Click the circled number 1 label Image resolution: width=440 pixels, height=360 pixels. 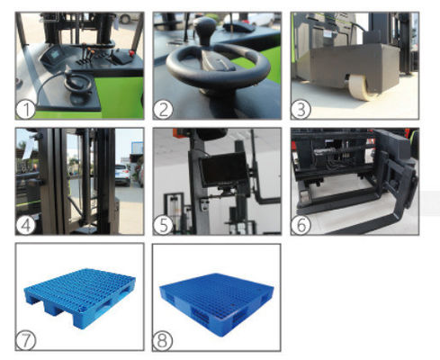pyautogui.click(x=27, y=110)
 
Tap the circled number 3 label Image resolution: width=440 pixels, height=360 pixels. pyautogui.click(x=300, y=110)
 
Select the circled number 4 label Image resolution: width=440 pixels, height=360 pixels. pyautogui.click(x=27, y=224)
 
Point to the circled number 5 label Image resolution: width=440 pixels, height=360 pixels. pyautogui.click(x=163, y=224)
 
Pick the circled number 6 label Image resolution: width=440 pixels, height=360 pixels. pyautogui.click(x=301, y=224)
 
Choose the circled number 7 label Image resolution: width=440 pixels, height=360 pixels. pyautogui.click(x=27, y=339)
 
